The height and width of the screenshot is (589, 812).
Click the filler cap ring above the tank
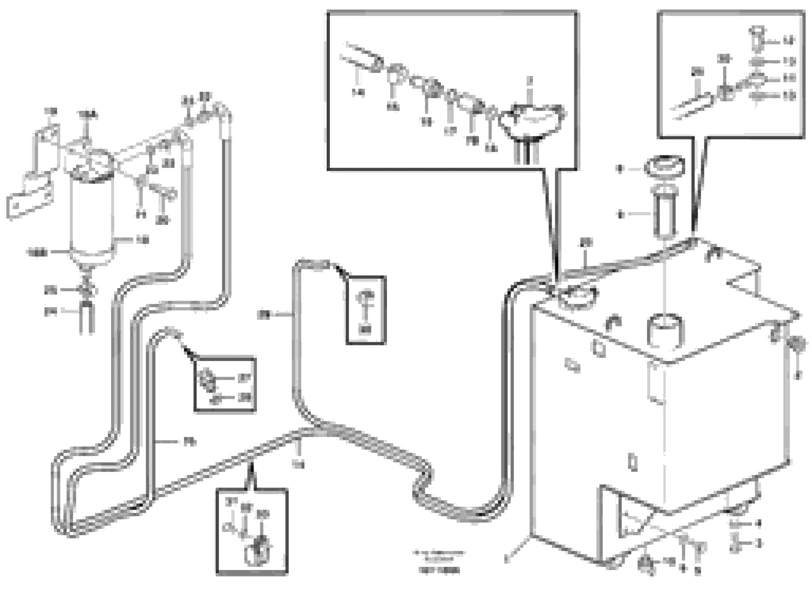(664, 167)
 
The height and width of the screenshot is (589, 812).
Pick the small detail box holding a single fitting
(366, 310)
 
